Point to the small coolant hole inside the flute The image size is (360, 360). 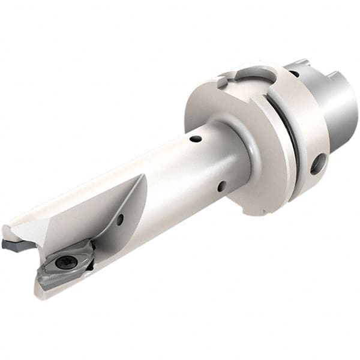tap(120, 220)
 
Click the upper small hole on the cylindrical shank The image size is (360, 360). tap(196, 139)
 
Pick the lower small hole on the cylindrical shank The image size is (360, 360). tap(221, 186)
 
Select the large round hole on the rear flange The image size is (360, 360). tap(317, 163)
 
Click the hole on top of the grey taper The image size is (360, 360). tap(293, 73)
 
